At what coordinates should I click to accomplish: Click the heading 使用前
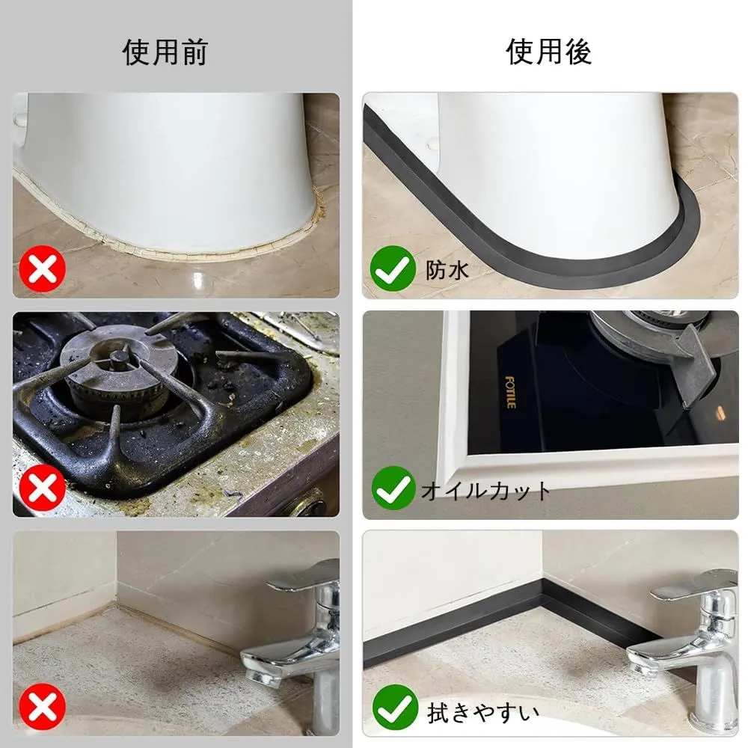pyautogui.click(x=165, y=52)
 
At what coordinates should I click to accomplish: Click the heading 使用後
pyautogui.click(x=549, y=52)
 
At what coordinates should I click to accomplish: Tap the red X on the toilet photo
pyautogui.click(x=43, y=269)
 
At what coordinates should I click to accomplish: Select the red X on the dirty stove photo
pyautogui.click(x=43, y=487)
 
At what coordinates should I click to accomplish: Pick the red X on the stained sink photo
pyautogui.click(x=43, y=707)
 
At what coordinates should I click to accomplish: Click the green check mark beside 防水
pyautogui.click(x=393, y=269)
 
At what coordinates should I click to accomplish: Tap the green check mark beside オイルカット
pyautogui.click(x=393, y=488)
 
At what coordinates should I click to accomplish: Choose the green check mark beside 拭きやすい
pyautogui.click(x=395, y=708)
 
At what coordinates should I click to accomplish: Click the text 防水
pyautogui.click(x=447, y=271)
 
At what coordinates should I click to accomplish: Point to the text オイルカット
pyautogui.click(x=485, y=491)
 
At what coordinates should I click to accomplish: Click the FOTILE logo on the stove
pyautogui.click(x=510, y=392)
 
